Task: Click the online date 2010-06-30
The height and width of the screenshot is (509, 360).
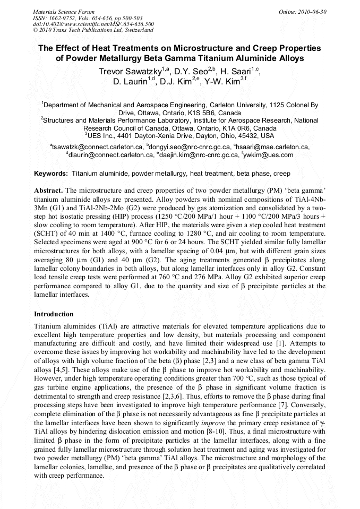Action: click(313, 12)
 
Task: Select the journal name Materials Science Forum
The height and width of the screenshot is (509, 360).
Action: click(64, 12)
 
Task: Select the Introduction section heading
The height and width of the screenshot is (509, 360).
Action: click(54, 314)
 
